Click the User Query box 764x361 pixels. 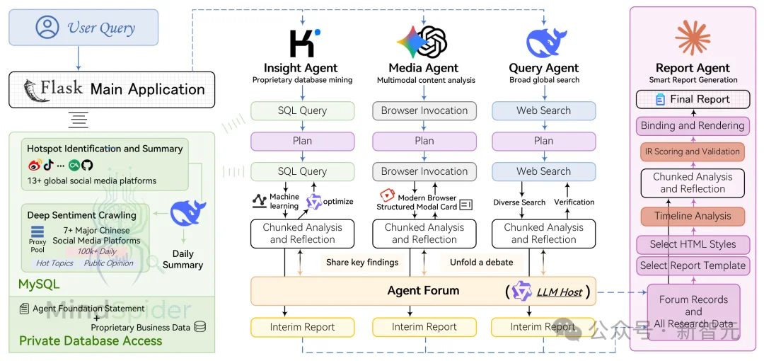click(83, 28)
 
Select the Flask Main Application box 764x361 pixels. click(112, 89)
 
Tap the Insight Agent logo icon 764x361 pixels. click(303, 42)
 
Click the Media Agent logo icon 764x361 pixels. click(423, 42)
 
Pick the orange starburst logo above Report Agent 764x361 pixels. click(693, 38)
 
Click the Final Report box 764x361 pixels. click(693, 99)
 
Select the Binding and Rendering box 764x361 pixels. click(693, 126)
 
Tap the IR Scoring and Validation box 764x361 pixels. click(693, 151)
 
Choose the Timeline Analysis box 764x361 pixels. click(693, 217)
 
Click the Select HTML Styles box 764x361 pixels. click(693, 244)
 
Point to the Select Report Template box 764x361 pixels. click(693, 266)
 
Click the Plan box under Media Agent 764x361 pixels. click(424, 141)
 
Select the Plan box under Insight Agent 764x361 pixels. click(302, 141)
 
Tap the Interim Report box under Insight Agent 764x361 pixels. click(302, 327)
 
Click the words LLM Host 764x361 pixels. click(559, 292)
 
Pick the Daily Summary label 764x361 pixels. click(183, 259)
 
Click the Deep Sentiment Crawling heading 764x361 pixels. click(81, 215)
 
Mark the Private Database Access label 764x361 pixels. click(91, 341)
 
